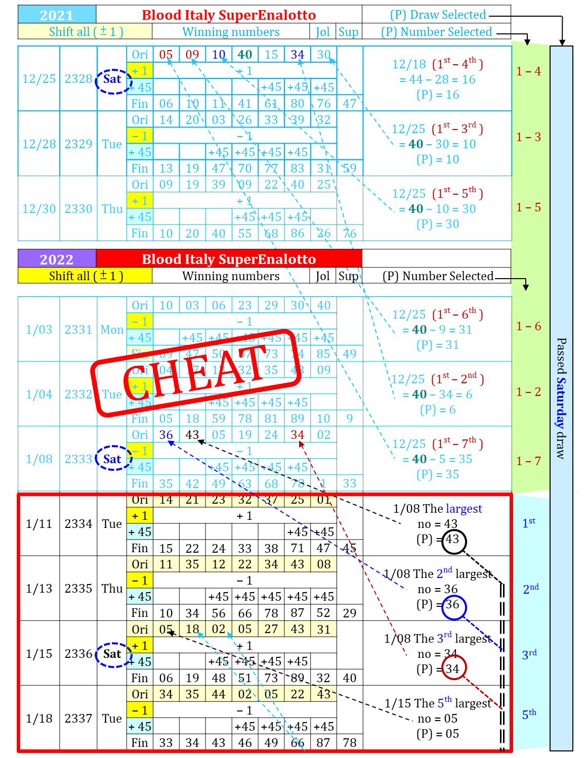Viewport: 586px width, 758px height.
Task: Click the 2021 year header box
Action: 57,15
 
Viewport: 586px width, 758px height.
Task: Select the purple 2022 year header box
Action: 57,259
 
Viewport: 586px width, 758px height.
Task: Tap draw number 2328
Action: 78,79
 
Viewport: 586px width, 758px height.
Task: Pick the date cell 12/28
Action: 39,144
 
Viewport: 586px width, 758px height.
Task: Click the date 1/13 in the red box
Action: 39,589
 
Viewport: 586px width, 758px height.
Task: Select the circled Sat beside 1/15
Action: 112,654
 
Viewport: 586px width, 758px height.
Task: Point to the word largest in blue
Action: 464,509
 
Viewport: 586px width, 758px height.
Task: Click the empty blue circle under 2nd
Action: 454,607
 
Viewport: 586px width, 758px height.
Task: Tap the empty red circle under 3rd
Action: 454,667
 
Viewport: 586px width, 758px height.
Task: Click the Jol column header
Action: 322,32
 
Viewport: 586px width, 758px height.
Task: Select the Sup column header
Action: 348,32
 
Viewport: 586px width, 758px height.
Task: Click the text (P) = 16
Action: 438,95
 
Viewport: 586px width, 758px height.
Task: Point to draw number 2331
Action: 78,330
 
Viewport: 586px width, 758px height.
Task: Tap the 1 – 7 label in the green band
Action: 528,461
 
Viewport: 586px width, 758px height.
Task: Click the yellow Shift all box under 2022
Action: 85,276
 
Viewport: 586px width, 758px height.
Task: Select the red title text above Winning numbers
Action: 229,15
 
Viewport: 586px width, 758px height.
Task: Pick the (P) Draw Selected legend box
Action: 436,15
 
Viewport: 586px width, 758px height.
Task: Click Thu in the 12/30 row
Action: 112,209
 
